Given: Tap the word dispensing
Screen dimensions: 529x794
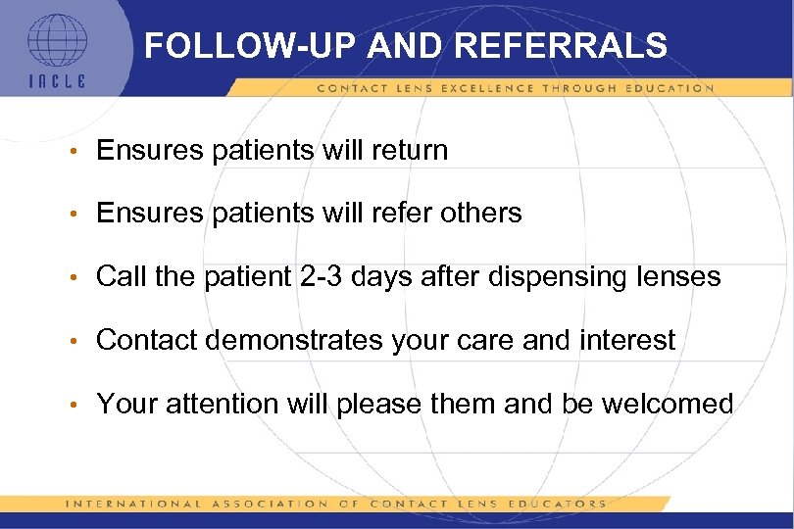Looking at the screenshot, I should tap(559, 277).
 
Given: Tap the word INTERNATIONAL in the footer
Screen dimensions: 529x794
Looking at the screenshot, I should tap(125, 504).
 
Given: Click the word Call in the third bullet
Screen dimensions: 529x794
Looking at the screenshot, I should tap(121, 277).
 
